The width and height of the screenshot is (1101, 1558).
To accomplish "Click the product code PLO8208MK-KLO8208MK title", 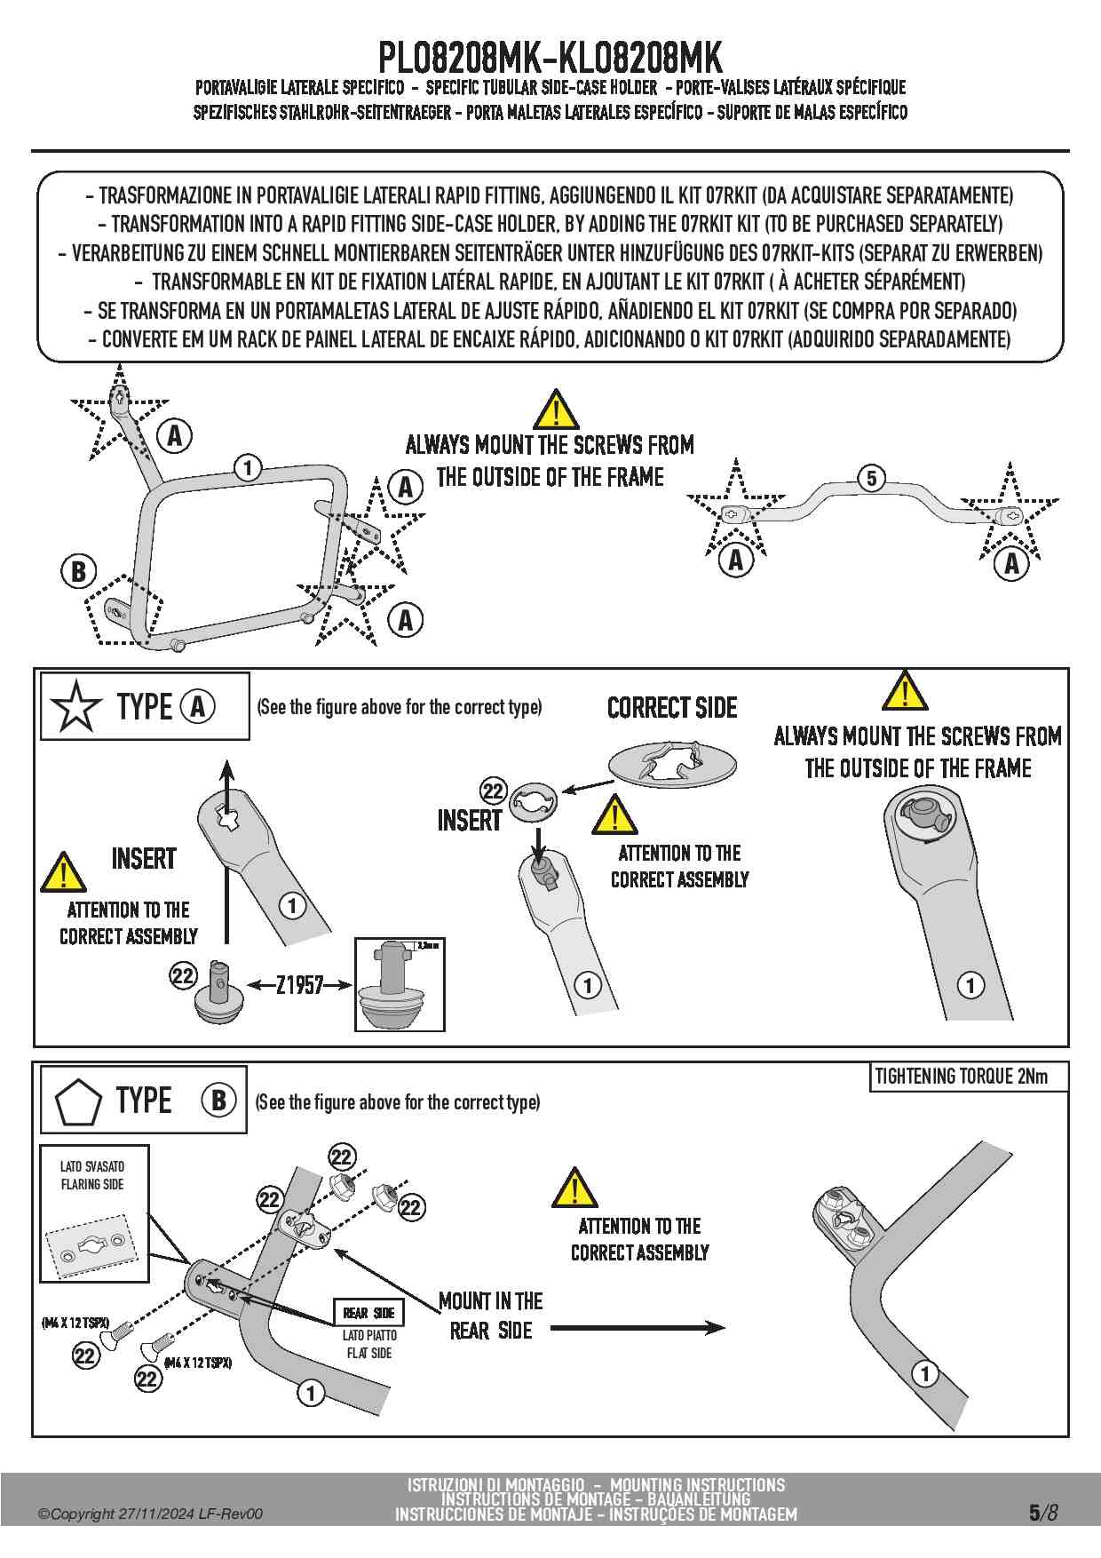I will coord(550,59).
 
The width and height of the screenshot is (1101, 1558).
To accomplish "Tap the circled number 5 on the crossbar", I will coord(871,478).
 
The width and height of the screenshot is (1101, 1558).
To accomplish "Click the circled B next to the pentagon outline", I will coord(78,571).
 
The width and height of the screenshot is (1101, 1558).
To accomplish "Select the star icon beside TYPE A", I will coord(75,707).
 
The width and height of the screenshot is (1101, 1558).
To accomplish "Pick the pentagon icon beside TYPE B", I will coord(78,1102).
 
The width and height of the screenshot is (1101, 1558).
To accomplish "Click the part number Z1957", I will coord(299,985).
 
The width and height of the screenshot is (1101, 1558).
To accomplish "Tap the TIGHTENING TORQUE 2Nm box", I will coord(968,1077).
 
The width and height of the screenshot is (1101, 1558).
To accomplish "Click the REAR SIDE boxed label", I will coord(368,1313).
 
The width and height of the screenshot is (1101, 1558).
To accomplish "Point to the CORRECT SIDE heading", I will coord(672,708).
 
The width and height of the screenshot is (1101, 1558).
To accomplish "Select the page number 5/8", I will coord(1043,1512).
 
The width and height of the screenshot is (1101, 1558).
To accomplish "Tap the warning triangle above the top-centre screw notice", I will coord(556,410).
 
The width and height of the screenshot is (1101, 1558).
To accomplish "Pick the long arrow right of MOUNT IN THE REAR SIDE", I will coord(638,1328).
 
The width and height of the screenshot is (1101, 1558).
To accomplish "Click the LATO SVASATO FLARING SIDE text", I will coord(92,1175).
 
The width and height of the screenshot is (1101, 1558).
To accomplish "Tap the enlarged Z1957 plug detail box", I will coord(400,984).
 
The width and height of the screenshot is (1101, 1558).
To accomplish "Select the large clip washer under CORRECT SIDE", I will coord(673,764).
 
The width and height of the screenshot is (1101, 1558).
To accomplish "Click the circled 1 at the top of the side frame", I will coord(248,467).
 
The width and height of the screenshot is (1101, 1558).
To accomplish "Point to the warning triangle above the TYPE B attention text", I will coord(574,1188).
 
